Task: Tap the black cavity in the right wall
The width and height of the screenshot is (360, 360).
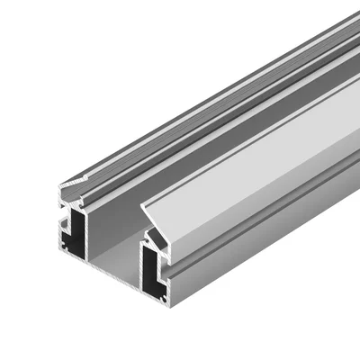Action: [150, 270]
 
